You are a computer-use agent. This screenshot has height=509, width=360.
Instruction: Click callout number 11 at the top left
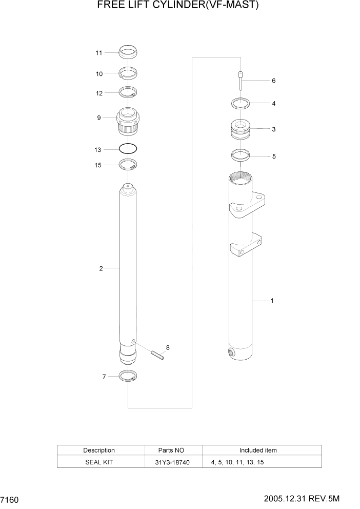99,53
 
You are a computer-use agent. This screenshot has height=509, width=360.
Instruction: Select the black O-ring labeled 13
128,149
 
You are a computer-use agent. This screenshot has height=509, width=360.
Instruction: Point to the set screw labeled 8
157,355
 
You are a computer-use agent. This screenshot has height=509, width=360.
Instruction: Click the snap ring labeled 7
128,376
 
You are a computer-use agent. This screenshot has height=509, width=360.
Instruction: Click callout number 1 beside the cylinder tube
272,301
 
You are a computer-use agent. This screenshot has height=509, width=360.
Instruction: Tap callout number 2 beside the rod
101,268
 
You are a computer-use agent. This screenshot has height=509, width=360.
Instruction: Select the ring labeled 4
240,103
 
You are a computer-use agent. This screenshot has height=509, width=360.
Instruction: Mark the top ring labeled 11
128,52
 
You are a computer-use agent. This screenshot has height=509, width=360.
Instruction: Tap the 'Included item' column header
258,451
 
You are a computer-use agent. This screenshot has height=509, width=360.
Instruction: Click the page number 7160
10,499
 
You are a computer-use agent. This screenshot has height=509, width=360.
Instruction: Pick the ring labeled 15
128,165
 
